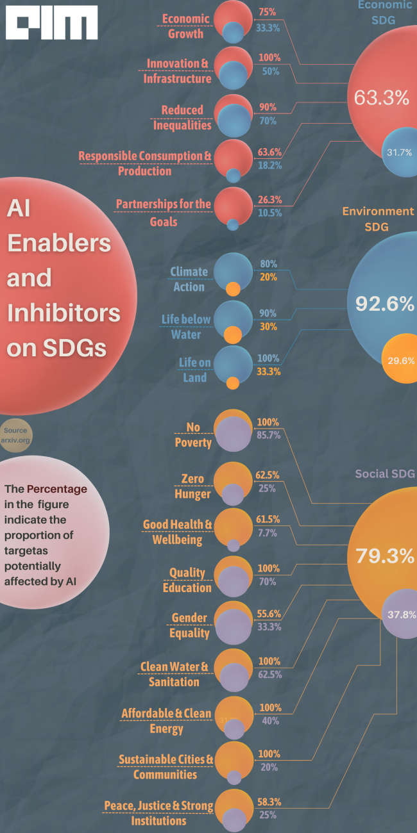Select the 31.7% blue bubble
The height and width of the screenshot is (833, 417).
(x=399, y=153)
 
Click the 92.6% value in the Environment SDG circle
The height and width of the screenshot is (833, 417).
(x=385, y=304)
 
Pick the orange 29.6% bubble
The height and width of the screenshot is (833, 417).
(x=401, y=360)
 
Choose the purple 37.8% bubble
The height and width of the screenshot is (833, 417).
(x=401, y=614)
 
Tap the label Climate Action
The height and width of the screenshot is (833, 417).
(x=189, y=279)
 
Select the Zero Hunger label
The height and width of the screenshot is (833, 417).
(x=192, y=486)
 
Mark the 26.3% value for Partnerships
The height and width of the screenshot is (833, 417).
(x=269, y=199)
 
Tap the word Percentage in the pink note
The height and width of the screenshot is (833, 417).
(x=56, y=488)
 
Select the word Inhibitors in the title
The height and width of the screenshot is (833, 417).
(x=64, y=312)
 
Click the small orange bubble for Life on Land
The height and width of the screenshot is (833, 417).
(x=233, y=383)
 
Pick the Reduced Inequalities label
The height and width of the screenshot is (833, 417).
(x=182, y=117)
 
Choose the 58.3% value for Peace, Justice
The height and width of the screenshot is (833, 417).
(x=269, y=802)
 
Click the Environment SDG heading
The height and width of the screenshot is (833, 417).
(x=377, y=219)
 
